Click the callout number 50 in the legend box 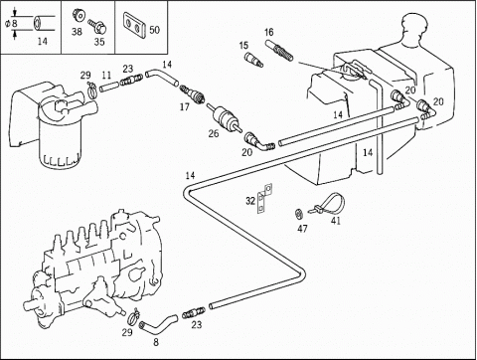[x=154, y=30]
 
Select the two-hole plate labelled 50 [x=135, y=25]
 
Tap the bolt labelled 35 [x=97, y=26]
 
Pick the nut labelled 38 [x=79, y=15]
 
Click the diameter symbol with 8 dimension [x=11, y=24]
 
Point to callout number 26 [x=214, y=133]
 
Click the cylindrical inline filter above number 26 [x=225, y=116]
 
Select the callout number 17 [x=185, y=106]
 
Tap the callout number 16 [x=269, y=32]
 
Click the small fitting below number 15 [x=253, y=59]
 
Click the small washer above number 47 [x=299, y=214]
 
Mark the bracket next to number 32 [x=264, y=198]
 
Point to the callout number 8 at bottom [x=156, y=342]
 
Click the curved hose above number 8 [x=158, y=323]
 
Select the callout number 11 [x=106, y=76]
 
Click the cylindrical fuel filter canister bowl [x=60, y=145]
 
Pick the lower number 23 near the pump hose [x=197, y=324]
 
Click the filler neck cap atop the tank [x=413, y=26]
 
